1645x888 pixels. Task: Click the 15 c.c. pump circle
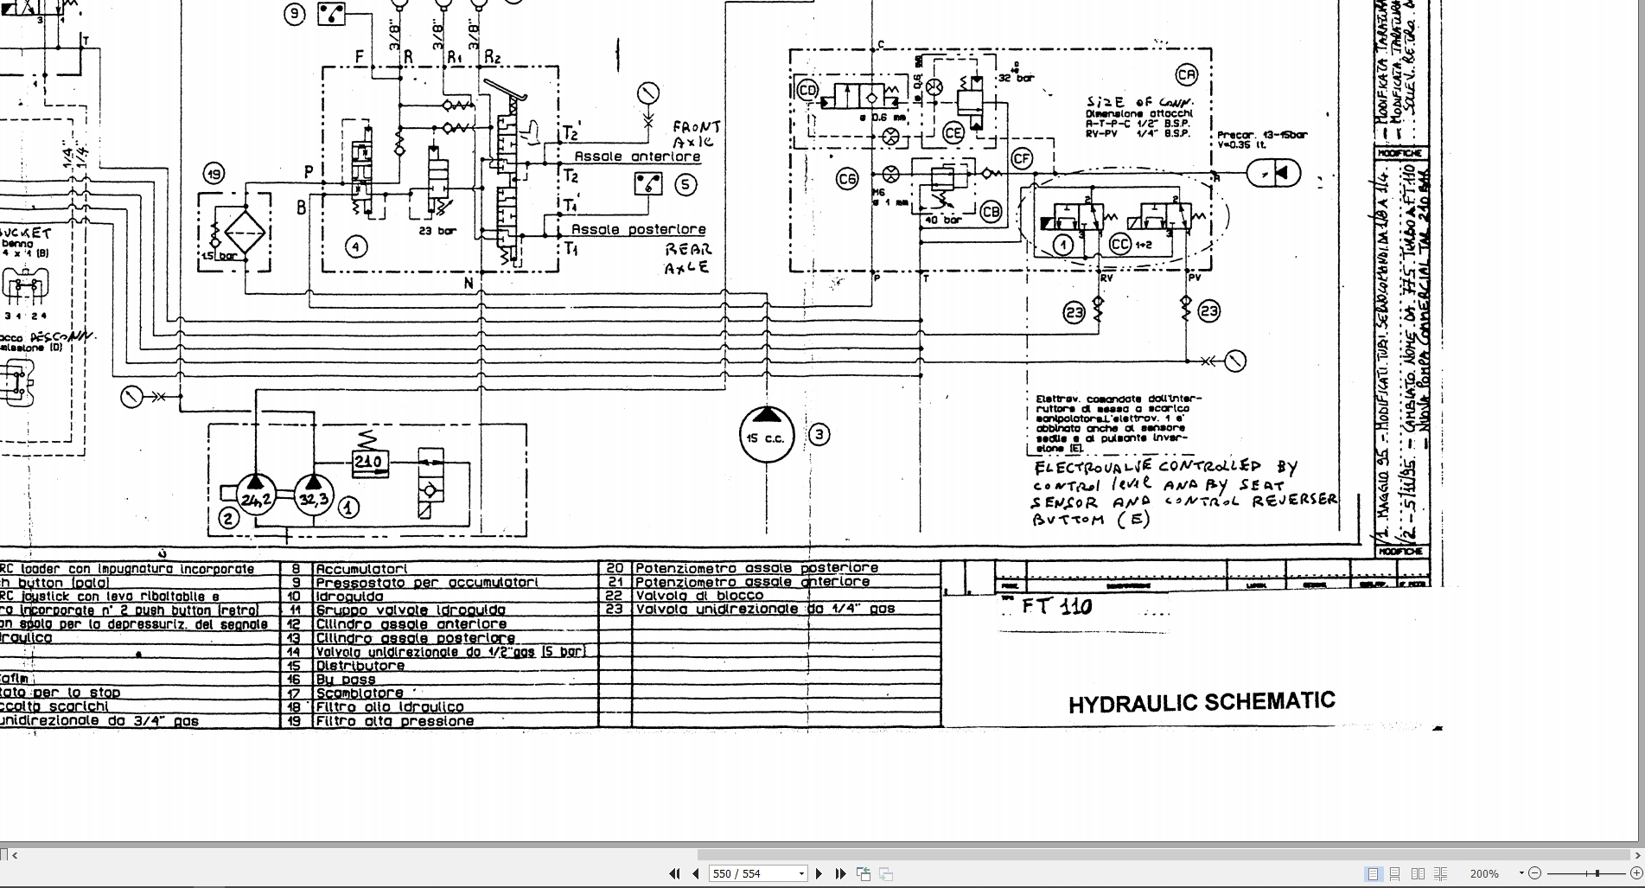(766, 436)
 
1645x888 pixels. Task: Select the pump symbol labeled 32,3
(313, 495)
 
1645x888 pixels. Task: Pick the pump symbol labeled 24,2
(256, 495)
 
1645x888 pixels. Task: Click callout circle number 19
(213, 174)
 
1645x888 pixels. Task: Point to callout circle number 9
(295, 14)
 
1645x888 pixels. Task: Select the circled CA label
(1186, 75)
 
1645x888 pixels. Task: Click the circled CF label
(1022, 158)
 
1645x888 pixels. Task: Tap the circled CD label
(807, 90)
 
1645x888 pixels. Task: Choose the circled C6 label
(847, 179)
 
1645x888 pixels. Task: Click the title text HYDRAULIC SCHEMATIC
(1202, 702)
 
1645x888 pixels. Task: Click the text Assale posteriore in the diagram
(638, 229)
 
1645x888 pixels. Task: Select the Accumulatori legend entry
(361, 569)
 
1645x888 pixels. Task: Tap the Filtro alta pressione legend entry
(394, 721)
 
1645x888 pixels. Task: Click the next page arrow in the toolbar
(819, 873)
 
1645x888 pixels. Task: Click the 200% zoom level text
(1484, 873)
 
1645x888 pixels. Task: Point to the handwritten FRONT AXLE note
(696, 134)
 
